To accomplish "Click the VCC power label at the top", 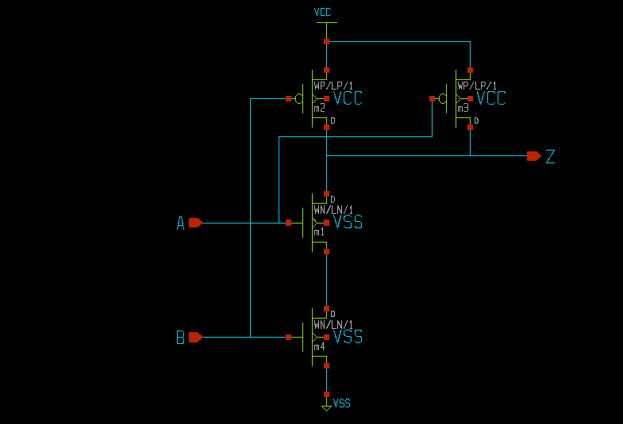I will pyautogui.click(x=323, y=13).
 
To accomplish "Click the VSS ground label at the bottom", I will pyautogui.click(x=342, y=403).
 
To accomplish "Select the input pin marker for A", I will pyautogui.click(x=196, y=223).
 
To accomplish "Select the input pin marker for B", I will pyautogui.click(x=196, y=337).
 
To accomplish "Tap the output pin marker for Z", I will pyautogui.click(x=533, y=156).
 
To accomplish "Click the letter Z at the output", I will pyautogui.click(x=550, y=156).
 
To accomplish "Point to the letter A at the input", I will pyautogui.click(x=180, y=224).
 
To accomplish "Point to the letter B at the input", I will pyautogui.click(x=180, y=338).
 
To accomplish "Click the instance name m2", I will pyautogui.click(x=319, y=108).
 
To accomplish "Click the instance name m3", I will pyautogui.click(x=463, y=108).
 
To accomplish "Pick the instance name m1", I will pyautogui.click(x=319, y=232).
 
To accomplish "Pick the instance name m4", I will pyautogui.click(x=319, y=346).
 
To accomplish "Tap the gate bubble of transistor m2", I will pyautogui.click(x=299, y=99).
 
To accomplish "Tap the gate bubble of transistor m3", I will pyautogui.click(x=443, y=99).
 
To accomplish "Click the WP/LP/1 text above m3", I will pyautogui.click(x=477, y=86).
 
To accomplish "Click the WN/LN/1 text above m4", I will pyautogui.click(x=333, y=324).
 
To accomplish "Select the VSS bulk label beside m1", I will pyautogui.click(x=348, y=223).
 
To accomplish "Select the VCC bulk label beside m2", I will pyautogui.click(x=348, y=99).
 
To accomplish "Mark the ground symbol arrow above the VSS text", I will pyautogui.click(x=326, y=407).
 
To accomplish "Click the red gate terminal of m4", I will pyautogui.click(x=289, y=337).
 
